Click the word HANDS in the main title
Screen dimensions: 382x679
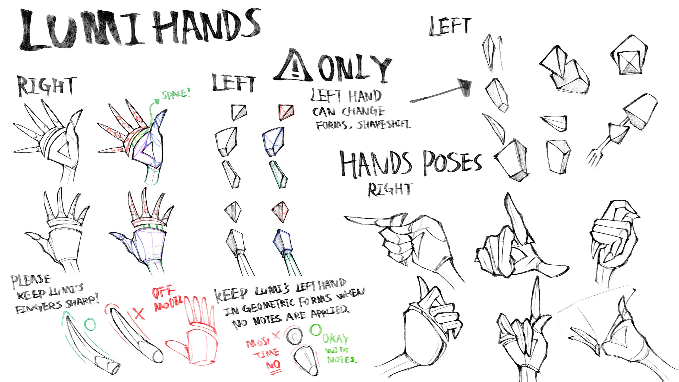tap(206, 27)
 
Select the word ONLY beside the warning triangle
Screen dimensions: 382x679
tap(354, 68)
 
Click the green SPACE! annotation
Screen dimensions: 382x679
tap(176, 94)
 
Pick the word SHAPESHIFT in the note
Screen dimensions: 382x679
tap(383, 125)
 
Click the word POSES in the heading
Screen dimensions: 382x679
tap(452, 163)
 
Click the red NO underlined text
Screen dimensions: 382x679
tap(273, 365)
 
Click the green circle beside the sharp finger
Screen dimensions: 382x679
tap(90, 324)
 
